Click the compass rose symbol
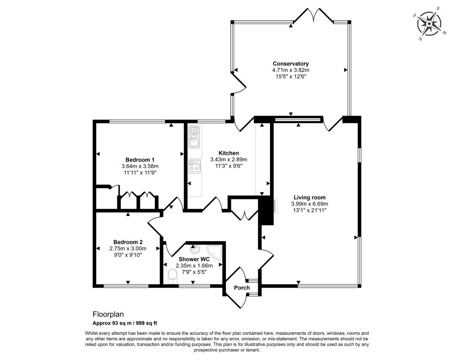pos(429,23)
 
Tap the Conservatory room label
pos(291,63)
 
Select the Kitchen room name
pos(229,153)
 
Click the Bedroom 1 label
pos(140,160)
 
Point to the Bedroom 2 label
pos(128,242)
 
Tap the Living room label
pos(310,198)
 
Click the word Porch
pos(242,288)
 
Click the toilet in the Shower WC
pos(172,276)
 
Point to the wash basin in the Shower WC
pos(193,249)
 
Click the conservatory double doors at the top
pos(314,15)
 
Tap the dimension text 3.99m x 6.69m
pos(310,204)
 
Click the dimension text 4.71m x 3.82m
pos(291,70)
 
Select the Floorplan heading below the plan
pos(108,314)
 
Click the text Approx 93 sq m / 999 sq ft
pos(125,323)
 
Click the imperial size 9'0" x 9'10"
pos(128,255)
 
